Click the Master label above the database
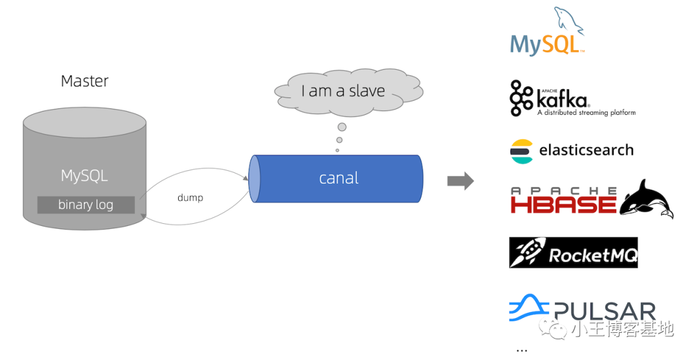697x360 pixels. [85, 81]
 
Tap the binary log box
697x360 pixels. [86, 205]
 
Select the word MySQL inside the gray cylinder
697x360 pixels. [85, 175]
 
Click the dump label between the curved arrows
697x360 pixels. [190, 197]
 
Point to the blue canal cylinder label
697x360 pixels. [339, 178]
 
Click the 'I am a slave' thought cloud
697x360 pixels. [343, 91]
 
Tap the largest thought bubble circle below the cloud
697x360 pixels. [342, 126]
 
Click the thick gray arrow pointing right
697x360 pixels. [460, 181]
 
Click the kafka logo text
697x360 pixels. [562, 99]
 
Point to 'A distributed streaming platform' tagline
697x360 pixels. [586, 113]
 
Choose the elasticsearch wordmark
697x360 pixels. [586, 150]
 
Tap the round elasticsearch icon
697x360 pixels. [521, 151]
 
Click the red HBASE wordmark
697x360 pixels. [563, 204]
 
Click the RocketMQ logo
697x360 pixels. [573, 252]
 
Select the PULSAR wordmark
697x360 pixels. [604, 312]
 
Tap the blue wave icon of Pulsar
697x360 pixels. [528, 309]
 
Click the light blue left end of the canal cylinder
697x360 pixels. [254, 178]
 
